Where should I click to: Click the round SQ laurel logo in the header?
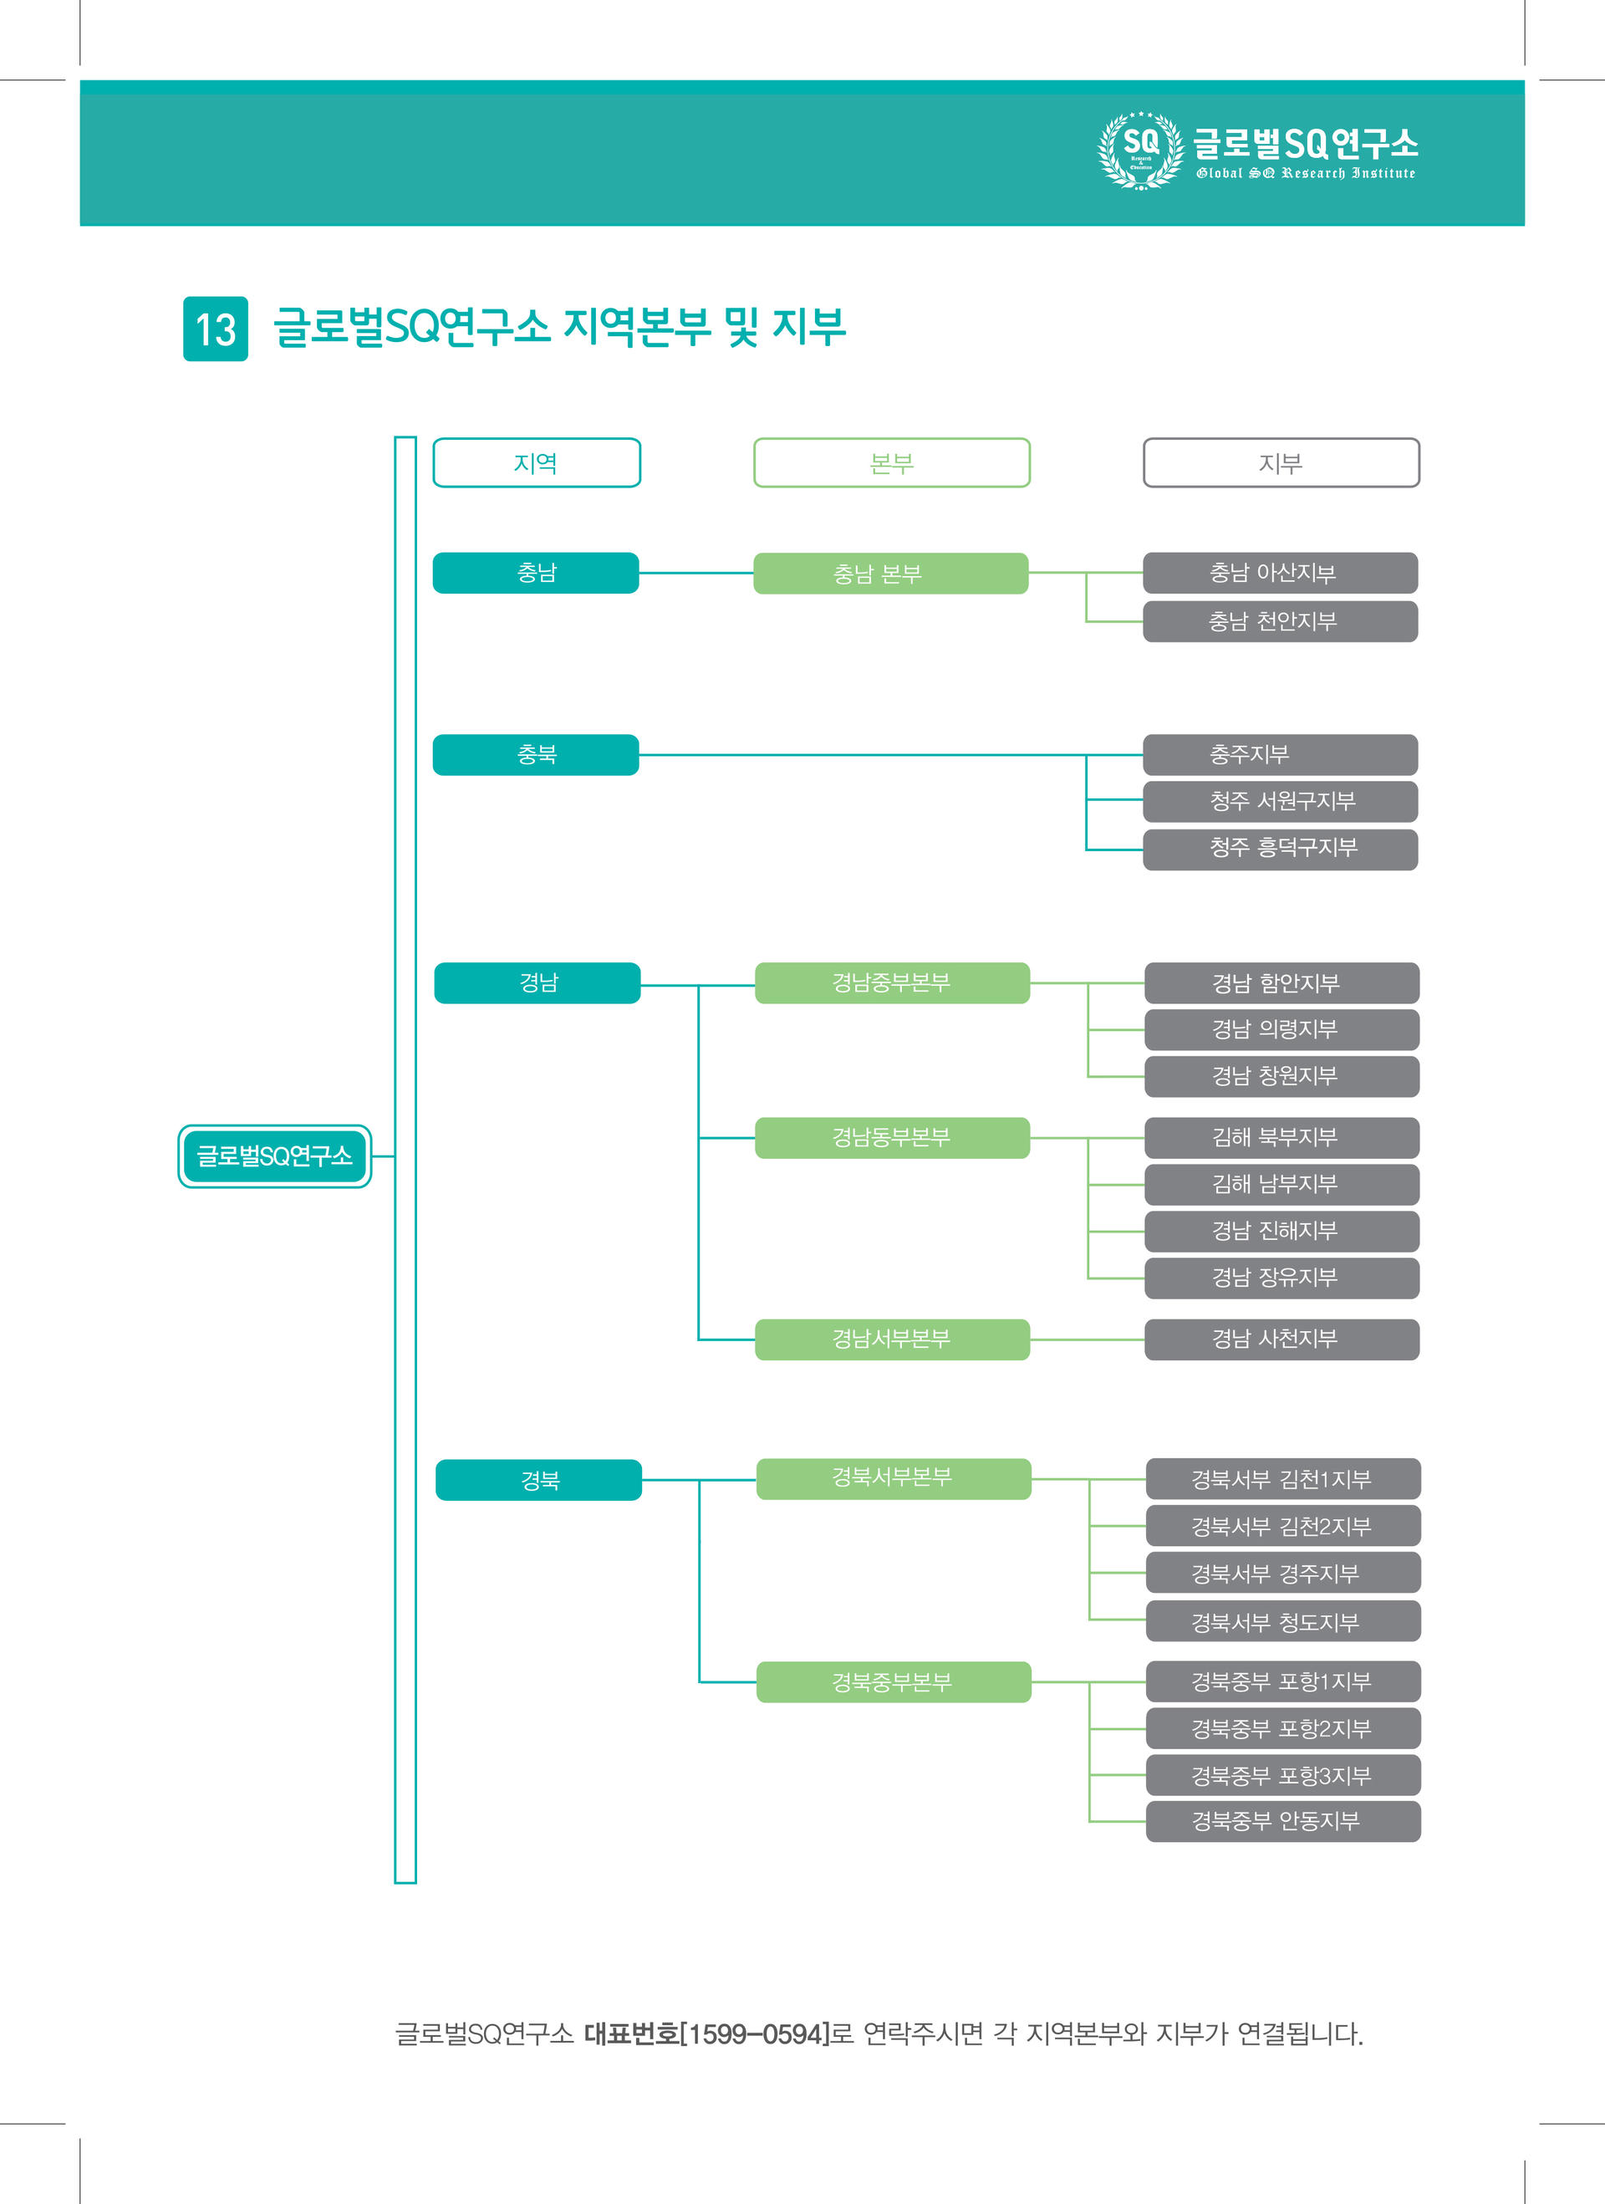pos(1140,151)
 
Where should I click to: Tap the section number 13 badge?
pos(216,329)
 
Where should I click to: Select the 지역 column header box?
pos(537,462)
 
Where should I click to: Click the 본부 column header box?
pos(892,462)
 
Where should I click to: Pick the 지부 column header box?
pos(1281,462)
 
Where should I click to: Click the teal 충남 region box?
pos(537,574)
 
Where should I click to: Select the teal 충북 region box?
pos(537,755)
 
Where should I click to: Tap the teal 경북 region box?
pos(539,1480)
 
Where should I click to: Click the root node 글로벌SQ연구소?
pos(275,1156)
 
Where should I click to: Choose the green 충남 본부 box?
pos(891,574)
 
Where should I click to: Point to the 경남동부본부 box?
pos(892,1138)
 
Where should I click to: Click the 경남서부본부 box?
pos(892,1340)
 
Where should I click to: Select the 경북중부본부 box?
pos(894,1682)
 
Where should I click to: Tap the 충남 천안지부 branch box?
pos(1281,622)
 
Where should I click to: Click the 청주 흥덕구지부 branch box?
pos(1281,849)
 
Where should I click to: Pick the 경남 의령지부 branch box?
pos(1282,1030)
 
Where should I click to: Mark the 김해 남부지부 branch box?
pos(1282,1185)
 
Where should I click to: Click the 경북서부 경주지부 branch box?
pos(1283,1574)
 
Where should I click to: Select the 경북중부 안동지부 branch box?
pos(1283,1821)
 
